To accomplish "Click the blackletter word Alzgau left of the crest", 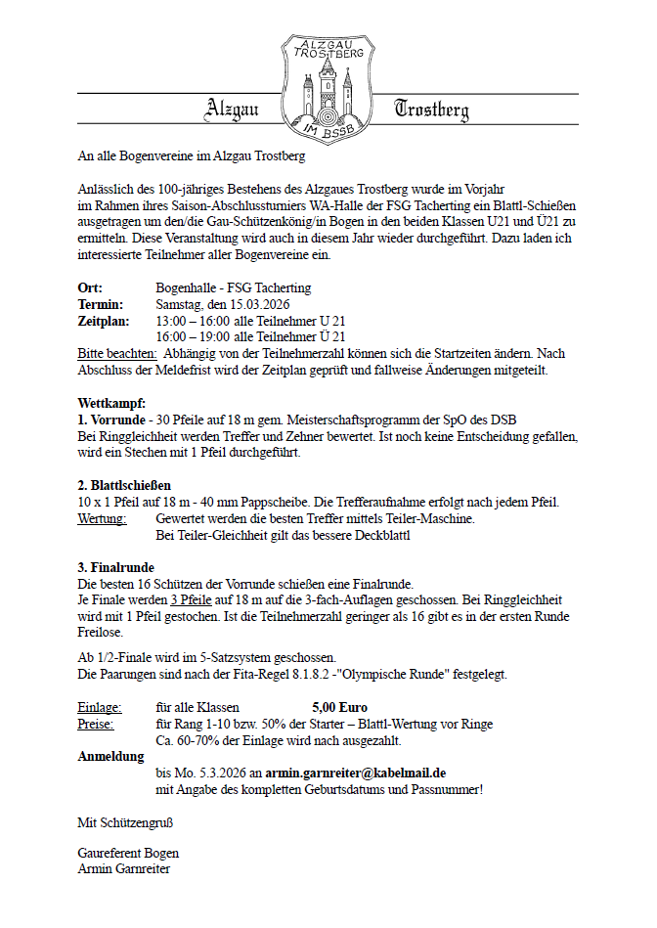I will tap(232, 110).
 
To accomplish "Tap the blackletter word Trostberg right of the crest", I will tap(431, 110).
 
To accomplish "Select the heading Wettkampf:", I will tap(111, 404).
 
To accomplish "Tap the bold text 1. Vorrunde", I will tap(110, 420).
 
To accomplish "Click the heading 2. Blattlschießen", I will tap(124, 486).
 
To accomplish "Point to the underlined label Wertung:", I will tap(102, 518).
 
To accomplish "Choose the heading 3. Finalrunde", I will tap(115, 568).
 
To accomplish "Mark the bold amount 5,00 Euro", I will tap(340, 707).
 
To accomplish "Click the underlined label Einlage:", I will tap(100, 707).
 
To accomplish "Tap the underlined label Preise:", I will tap(96, 724).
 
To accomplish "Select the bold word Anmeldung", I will tap(110, 756).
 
